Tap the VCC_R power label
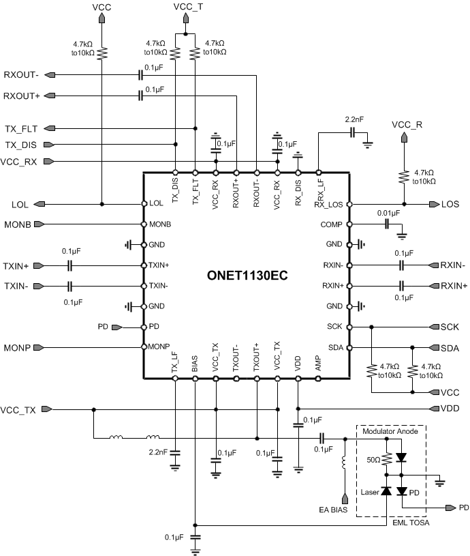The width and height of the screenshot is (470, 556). [x=407, y=125]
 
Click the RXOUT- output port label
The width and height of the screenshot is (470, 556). [x=21, y=74]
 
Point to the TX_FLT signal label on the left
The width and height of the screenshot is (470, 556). [x=20, y=128]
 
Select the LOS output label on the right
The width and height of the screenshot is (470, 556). [x=450, y=204]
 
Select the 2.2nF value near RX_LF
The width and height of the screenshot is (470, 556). [x=354, y=119]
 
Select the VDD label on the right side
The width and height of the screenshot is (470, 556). [x=450, y=409]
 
